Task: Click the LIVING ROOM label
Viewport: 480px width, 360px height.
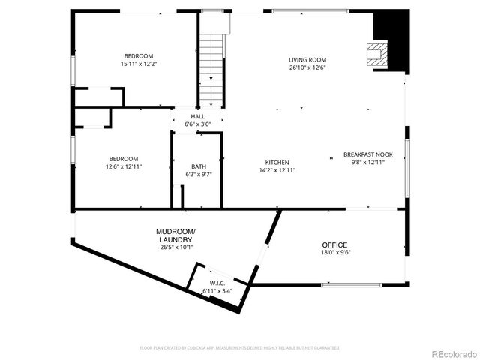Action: [307, 60]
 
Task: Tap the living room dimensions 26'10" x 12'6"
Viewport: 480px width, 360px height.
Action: [307, 67]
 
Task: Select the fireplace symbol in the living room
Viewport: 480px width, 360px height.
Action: [373, 53]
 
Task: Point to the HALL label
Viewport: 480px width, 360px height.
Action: [198, 117]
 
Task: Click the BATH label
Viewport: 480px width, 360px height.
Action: [198, 166]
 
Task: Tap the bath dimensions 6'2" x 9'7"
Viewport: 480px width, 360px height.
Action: [198, 175]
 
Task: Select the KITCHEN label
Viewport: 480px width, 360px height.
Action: [277, 163]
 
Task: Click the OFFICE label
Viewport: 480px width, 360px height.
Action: [334, 245]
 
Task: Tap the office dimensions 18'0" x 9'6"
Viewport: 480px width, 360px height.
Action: [334, 253]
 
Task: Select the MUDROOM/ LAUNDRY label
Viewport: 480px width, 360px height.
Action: [176, 235]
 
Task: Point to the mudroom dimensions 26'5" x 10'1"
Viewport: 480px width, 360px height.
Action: [176, 247]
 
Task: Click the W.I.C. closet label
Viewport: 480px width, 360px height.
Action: [217, 283]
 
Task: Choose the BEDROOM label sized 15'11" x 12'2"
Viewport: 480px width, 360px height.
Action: [139, 56]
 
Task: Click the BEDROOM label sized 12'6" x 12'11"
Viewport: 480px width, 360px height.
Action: [124, 159]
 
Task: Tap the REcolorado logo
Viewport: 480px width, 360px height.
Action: [452, 354]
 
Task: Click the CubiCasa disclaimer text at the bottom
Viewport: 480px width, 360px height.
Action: [240, 348]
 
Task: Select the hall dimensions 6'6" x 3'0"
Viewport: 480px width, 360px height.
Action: [198, 124]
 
